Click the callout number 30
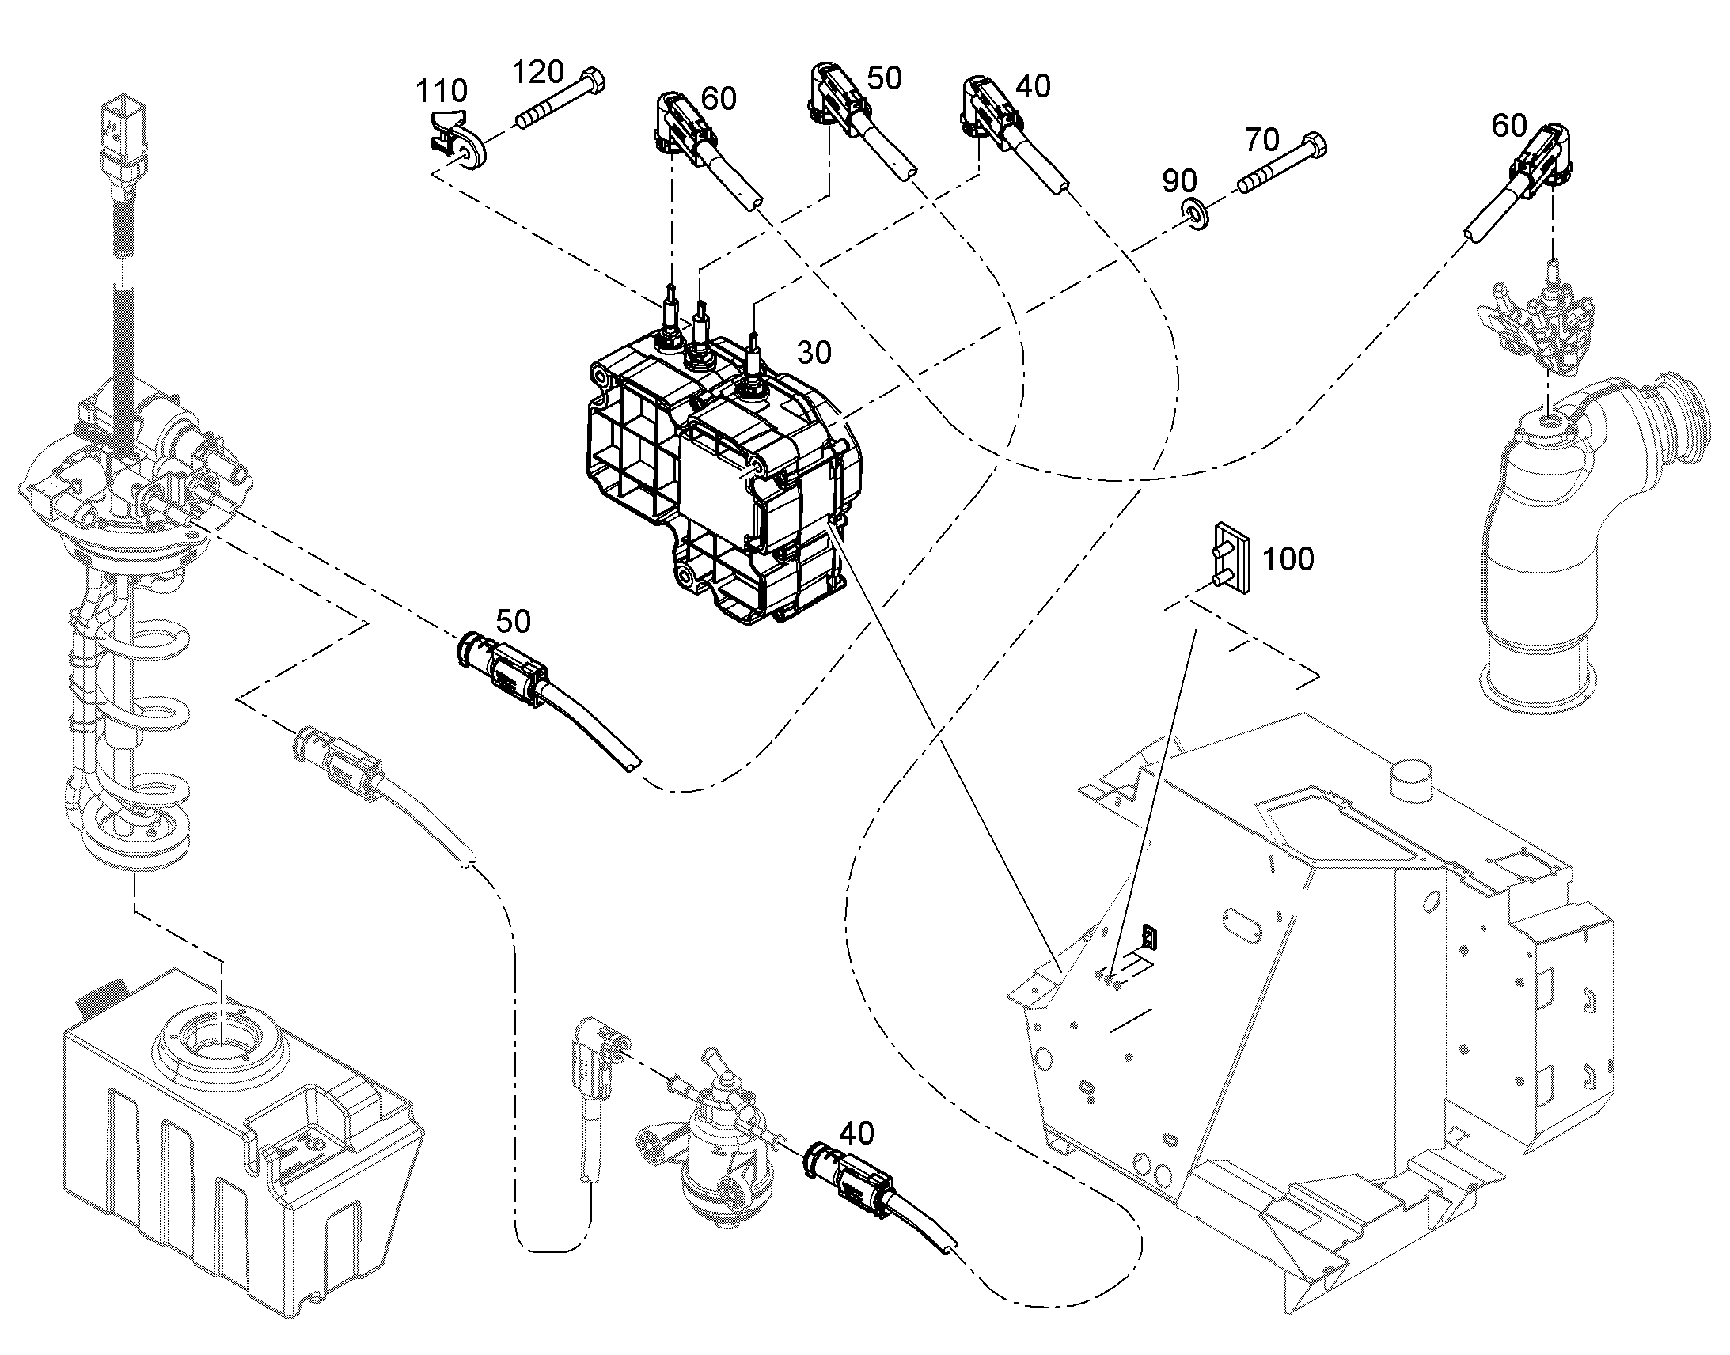[814, 352]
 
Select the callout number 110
[442, 91]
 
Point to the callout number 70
[1262, 141]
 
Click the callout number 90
[1180, 181]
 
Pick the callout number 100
[1288, 559]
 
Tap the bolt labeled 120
[560, 101]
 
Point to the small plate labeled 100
[1229, 555]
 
